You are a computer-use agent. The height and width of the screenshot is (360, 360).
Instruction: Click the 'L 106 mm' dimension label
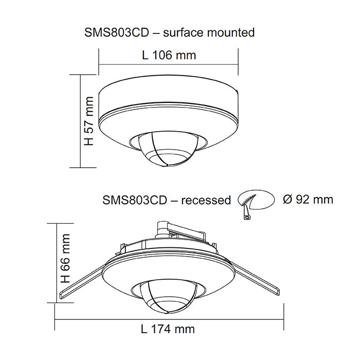tap(168, 55)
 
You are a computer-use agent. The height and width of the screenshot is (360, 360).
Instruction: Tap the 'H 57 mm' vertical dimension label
tap(89, 120)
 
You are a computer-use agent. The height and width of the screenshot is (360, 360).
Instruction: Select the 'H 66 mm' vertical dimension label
tap(64, 260)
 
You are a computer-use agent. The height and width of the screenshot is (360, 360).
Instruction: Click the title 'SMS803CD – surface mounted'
tap(169, 32)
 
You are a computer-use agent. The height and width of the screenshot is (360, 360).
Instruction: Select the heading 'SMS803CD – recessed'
tap(167, 200)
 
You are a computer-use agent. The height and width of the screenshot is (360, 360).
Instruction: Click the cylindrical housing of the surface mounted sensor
tap(168, 98)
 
